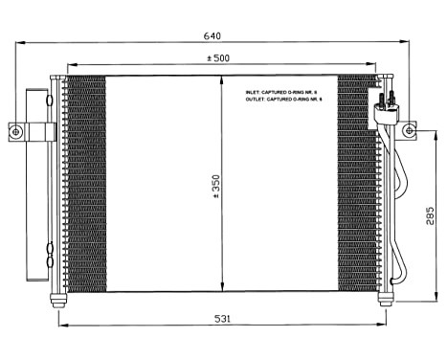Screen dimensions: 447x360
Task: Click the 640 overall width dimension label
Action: (x=212, y=35)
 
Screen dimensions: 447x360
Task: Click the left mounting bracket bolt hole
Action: (x=15, y=130)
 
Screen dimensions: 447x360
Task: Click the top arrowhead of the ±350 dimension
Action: (x=222, y=80)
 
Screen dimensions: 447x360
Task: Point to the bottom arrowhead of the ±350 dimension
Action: (x=222, y=287)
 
